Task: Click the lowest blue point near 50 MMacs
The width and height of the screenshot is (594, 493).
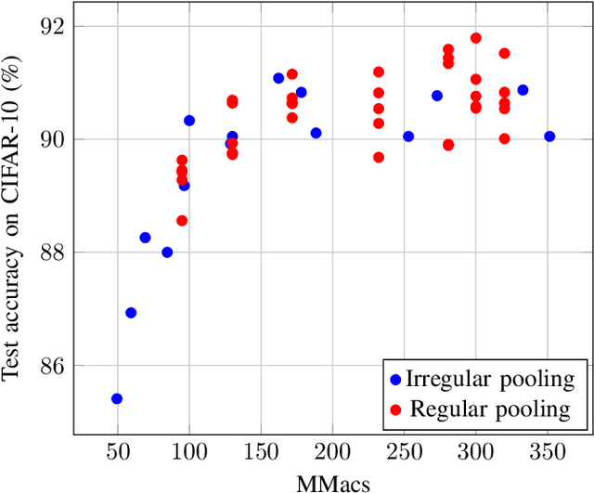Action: click(x=117, y=398)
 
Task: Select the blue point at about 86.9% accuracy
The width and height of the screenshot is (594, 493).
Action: click(x=131, y=313)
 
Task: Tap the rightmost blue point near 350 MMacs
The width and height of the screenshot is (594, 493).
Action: click(x=549, y=136)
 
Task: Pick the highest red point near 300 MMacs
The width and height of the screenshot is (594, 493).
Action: click(x=476, y=38)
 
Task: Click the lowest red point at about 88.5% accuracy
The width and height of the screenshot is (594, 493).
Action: click(x=182, y=221)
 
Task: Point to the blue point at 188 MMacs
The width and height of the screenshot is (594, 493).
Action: click(x=316, y=134)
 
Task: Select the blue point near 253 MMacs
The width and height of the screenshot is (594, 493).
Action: click(x=408, y=136)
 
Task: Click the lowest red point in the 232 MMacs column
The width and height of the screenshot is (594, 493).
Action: click(x=379, y=158)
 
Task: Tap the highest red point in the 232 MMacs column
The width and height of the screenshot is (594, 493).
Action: click(x=379, y=72)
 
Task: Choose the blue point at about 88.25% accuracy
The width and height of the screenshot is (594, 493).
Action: click(x=145, y=238)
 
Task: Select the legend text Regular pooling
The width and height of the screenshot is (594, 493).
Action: click(x=491, y=409)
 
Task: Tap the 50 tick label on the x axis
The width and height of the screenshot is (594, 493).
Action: click(x=117, y=450)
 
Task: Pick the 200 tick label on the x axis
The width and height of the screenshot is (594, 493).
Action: click(x=331, y=450)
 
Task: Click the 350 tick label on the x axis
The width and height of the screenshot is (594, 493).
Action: click(x=547, y=450)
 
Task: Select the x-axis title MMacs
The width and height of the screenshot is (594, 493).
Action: click(x=331, y=482)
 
